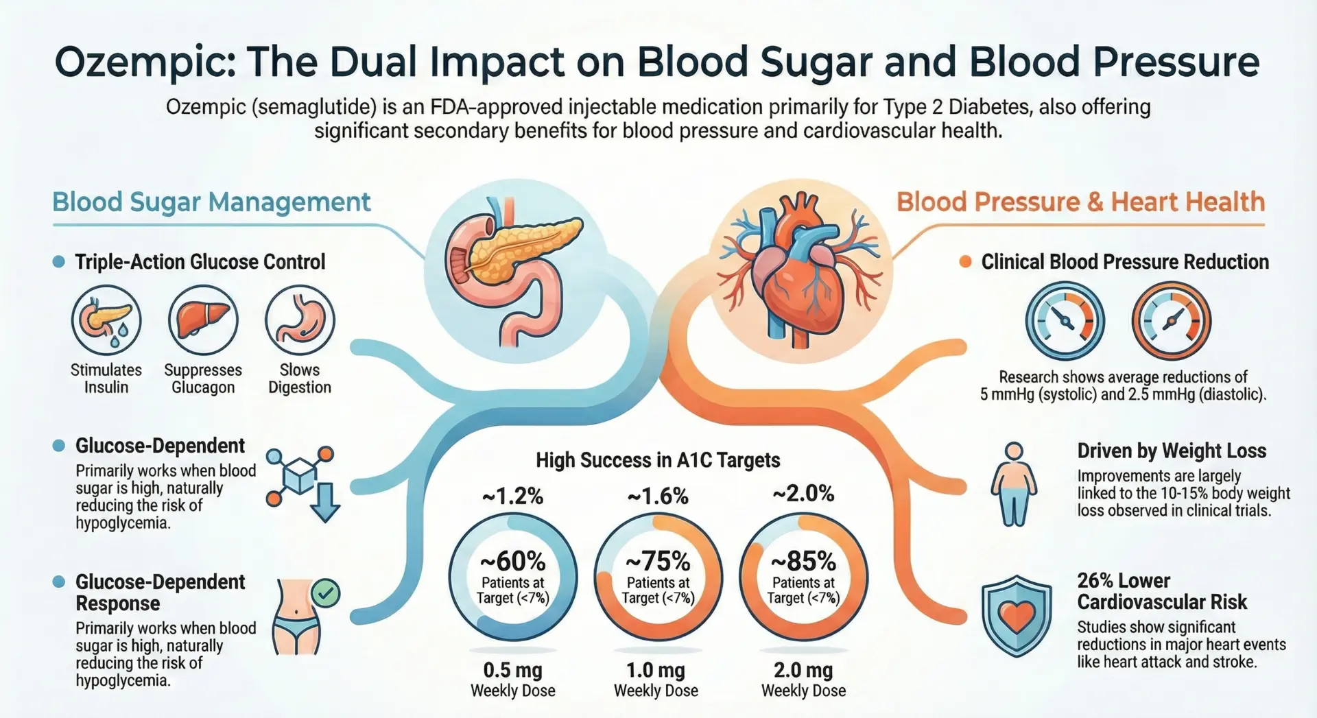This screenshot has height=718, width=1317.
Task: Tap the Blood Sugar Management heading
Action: [211, 202]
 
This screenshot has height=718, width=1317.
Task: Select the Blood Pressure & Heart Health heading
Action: [1080, 202]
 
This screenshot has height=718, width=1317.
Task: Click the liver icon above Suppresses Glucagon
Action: [203, 320]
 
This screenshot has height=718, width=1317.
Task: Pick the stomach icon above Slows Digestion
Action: [300, 320]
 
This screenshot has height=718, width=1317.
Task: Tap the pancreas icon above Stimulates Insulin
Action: [106, 320]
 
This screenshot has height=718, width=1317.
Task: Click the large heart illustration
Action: [799, 271]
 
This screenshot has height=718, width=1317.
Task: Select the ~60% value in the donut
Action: [512, 562]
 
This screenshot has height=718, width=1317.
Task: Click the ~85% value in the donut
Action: [803, 562]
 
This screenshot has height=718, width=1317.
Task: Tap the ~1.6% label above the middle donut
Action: [658, 496]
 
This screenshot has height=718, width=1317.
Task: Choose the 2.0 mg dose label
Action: [803, 670]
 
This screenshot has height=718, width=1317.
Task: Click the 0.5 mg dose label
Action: [512, 670]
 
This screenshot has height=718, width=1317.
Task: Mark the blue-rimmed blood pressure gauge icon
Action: [1065, 320]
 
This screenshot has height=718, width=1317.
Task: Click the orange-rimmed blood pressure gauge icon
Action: [1171, 320]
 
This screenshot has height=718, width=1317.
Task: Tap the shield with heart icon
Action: [1016, 616]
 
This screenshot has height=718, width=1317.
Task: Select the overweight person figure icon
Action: [1014, 484]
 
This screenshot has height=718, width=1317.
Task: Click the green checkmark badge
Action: [325, 593]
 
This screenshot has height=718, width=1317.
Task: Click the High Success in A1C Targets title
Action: [658, 460]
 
